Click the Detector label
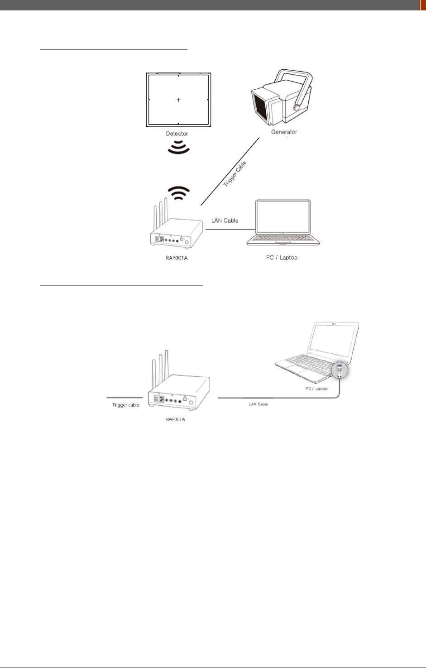tap(177, 134)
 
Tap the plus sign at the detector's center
tap(178, 100)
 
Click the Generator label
tap(284, 132)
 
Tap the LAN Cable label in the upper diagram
tap(225, 221)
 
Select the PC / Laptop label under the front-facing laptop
tap(282, 257)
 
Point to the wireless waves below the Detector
tap(178, 147)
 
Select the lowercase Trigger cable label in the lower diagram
tap(125, 405)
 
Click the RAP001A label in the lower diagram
tap(175, 419)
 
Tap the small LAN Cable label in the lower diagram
tap(258, 404)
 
